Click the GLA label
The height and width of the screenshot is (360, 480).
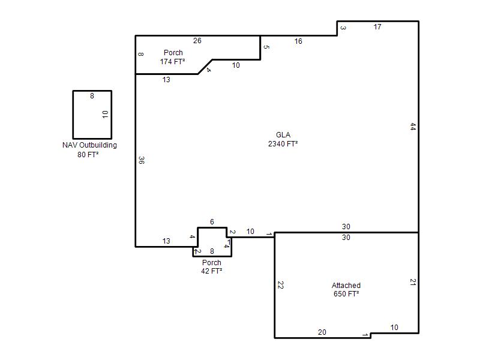tap(283, 134)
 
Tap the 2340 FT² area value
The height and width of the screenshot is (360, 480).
tap(283, 143)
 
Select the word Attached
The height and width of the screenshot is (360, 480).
tap(346, 286)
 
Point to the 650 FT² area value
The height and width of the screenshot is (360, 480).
tap(346, 294)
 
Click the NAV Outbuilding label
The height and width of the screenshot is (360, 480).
tap(89, 145)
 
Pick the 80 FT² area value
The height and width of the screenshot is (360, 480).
tap(88, 155)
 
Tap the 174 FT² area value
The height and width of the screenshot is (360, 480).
tap(172, 62)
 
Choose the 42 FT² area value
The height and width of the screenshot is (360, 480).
tap(212, 271)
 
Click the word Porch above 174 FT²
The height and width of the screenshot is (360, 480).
tap(173, 53)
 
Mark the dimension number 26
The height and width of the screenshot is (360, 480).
tap(197, 41)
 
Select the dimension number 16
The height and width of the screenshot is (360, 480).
tap(298, 41)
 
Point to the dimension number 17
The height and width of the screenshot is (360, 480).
tap(377, 27)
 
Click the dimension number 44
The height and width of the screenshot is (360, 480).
tap(413, 127)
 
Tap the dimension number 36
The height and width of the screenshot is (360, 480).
tap(142, 160)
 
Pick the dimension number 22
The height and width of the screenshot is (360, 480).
tap(280, 285)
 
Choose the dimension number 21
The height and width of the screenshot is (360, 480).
tap(413, 282)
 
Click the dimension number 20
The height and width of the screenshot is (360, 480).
tap(322, 332)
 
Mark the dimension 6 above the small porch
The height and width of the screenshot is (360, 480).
tap(212, 221)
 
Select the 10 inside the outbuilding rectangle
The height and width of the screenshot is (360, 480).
tap(106, 115)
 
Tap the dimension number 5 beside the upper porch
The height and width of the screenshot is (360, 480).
tap(266, 47)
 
